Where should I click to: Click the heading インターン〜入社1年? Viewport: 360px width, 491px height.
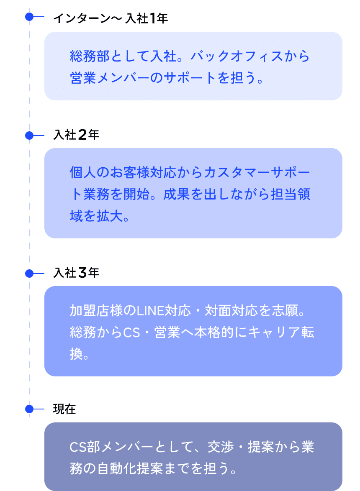tap(111, 18)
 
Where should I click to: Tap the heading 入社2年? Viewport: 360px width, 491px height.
tap(77, 135)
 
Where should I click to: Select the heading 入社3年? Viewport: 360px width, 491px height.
tap(77, 273)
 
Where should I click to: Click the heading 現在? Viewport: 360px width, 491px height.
tap(64, 409)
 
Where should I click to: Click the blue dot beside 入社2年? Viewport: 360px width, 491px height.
tap(29, 136)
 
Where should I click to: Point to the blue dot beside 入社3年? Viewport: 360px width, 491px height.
tap(29, 274)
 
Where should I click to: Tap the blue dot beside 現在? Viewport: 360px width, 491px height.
tap(29, 409)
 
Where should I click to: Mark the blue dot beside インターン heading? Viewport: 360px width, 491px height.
tap(29, 17)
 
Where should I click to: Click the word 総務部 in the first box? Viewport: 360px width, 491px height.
tap(90, 56)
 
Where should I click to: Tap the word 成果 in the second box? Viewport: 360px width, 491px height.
tap(177, 194)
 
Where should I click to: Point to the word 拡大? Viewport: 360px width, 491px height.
tap(110, 216)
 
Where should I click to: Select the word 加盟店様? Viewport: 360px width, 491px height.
tap(96, 311)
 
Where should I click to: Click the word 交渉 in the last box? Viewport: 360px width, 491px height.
tap(221, 447)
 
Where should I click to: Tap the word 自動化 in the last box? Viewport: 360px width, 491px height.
tap(116, 469)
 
